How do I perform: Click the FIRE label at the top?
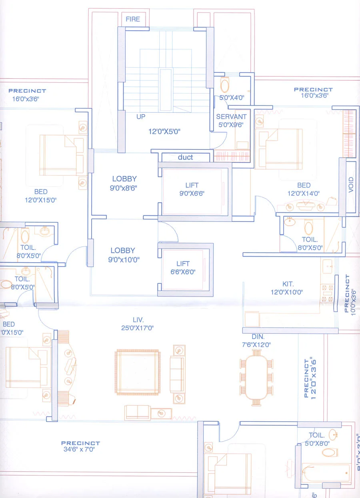pos(133,19)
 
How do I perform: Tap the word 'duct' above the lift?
pos(185,157)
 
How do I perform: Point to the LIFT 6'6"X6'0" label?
pos(183,267)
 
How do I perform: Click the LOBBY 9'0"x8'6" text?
pos(124,183)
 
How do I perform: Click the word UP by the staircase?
pos(141,117)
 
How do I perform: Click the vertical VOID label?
pos(351,185)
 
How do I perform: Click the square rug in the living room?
pos(138,372)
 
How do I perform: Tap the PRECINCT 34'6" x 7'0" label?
pos(80,446)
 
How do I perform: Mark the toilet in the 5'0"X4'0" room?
pos(225,85)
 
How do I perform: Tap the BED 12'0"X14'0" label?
pos(304,189)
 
